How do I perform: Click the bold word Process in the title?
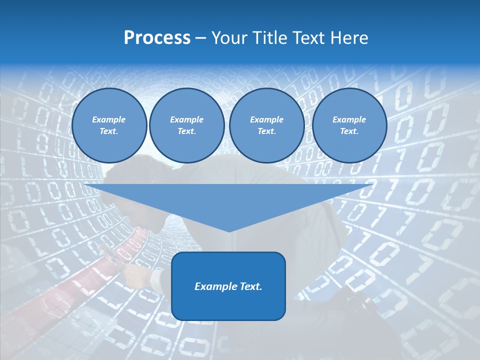coord(157,38)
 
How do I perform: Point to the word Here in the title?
coord(350,38)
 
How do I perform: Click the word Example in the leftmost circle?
coord(109,119)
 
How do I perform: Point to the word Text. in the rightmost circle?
coord(349,131)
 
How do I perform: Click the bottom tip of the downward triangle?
coord(229,231)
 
